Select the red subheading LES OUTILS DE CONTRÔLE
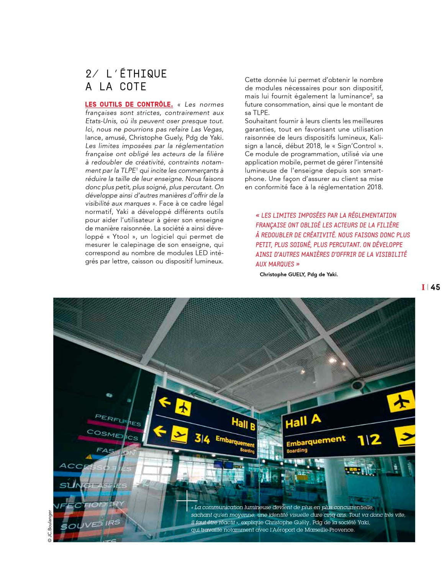pos(129,104)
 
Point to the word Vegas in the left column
pos(212,129)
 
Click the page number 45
pos(435,287)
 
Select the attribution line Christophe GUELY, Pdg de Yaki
pos(299,274)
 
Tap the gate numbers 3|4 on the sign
pos(202,438)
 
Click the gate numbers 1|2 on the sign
pos(369,439)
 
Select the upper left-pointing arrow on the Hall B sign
pos(164,402)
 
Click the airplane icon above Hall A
pos(401,402)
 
